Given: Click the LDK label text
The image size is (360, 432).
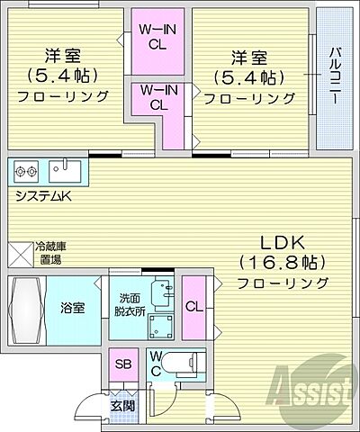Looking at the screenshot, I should coord(283,243).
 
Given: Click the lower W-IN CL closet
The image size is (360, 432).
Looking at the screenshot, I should coord(157,97).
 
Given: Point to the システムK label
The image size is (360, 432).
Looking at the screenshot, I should coord(44,193).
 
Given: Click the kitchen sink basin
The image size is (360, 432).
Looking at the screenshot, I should coord(65,169).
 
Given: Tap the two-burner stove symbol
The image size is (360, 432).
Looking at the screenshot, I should coord(25,169).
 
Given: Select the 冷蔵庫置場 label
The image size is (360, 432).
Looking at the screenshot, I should coord(49,253).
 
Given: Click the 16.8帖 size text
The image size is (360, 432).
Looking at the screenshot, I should coord(283,263).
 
